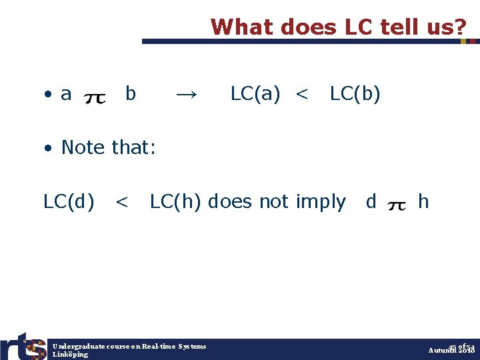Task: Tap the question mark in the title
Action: pyautogui.click(x=461, y=27)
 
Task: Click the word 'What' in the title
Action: pyautogui.click(x=239, y=27)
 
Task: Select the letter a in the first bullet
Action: pyautogui.click(x=66, y=95)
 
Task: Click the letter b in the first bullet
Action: pyautogui.click(x=131, y=95)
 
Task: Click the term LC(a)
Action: pyautogui.click(x=255, y=95)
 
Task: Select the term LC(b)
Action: pyautogui.click(x=355, y=95)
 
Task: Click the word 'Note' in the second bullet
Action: pyautogui.click(x=85, y=147)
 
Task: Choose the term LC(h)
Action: pyautogui.click(x=176, y=201)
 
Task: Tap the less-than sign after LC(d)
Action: pyautogui.click(x=122, y=201)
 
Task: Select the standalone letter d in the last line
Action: pyautogui.click(x=371, y=201)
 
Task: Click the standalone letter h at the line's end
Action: pyautogui.click(x=423, y=201)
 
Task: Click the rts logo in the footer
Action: pyautogui.click(x=23, y=345)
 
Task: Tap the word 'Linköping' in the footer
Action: pyautogui.click(x=71, y=355)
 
